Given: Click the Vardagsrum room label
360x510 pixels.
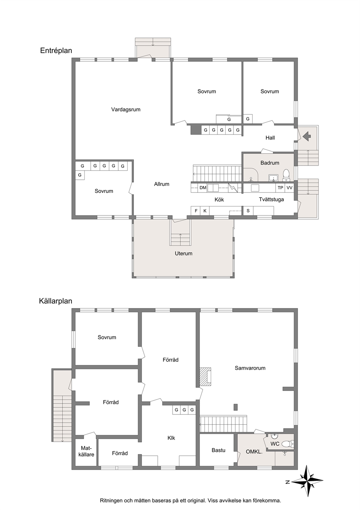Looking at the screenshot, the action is point(126,109).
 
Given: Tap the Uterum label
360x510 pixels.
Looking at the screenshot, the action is point(184,254).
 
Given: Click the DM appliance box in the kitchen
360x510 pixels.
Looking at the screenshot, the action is point(203,188).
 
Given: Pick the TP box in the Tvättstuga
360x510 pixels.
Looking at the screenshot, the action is point(281,188).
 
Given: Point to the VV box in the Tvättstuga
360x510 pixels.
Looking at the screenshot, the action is point(290,188).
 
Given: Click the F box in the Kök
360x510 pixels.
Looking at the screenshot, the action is point(196,211).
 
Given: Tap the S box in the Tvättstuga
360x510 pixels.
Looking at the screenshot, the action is point(248,211).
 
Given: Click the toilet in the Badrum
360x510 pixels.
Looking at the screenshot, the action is point(286,175).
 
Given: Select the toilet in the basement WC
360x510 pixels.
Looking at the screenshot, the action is point(288,444).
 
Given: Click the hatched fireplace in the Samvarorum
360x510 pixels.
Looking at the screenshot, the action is point(205,377).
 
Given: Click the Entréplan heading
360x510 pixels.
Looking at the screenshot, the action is point(56,50).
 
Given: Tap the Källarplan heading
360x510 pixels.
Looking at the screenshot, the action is point(56,301).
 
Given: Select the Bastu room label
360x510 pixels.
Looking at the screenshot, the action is point(218,450).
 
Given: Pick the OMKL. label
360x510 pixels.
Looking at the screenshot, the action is point(254,452).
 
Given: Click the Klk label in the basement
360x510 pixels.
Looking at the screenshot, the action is point(171,438).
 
